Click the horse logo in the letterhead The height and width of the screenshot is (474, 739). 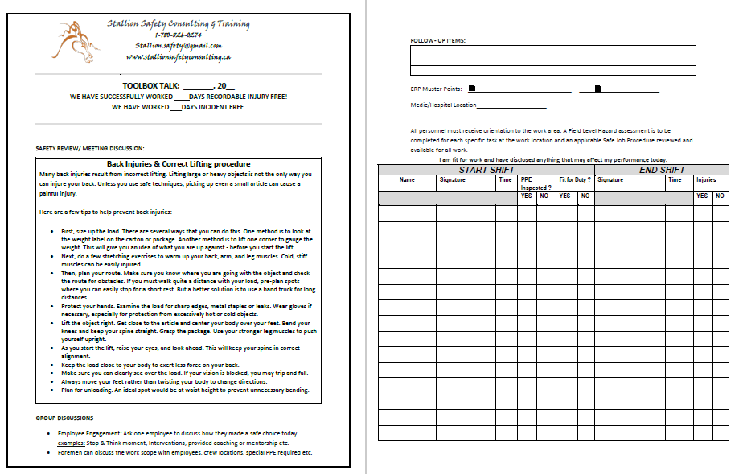pos(74,40)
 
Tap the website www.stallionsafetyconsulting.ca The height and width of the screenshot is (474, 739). pos(179,57)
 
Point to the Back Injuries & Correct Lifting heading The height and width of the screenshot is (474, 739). pos(179,164)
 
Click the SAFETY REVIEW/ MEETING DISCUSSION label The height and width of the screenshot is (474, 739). pos(90,148)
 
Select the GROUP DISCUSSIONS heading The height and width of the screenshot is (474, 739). pos(64,418)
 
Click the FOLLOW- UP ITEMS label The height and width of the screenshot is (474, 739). pos(437,40)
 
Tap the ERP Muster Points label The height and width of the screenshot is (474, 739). pos(436,89)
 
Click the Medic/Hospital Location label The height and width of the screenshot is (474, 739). pos(443,105)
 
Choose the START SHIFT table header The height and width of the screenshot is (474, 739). pos(487,170)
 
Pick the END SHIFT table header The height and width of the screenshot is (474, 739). pos(662,170)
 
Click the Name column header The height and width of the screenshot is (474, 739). pos(407,180)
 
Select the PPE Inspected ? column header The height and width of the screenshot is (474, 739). pos(536,183)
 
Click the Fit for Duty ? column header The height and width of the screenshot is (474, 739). pos(575,180)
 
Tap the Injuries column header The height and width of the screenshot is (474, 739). pos(706,180)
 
